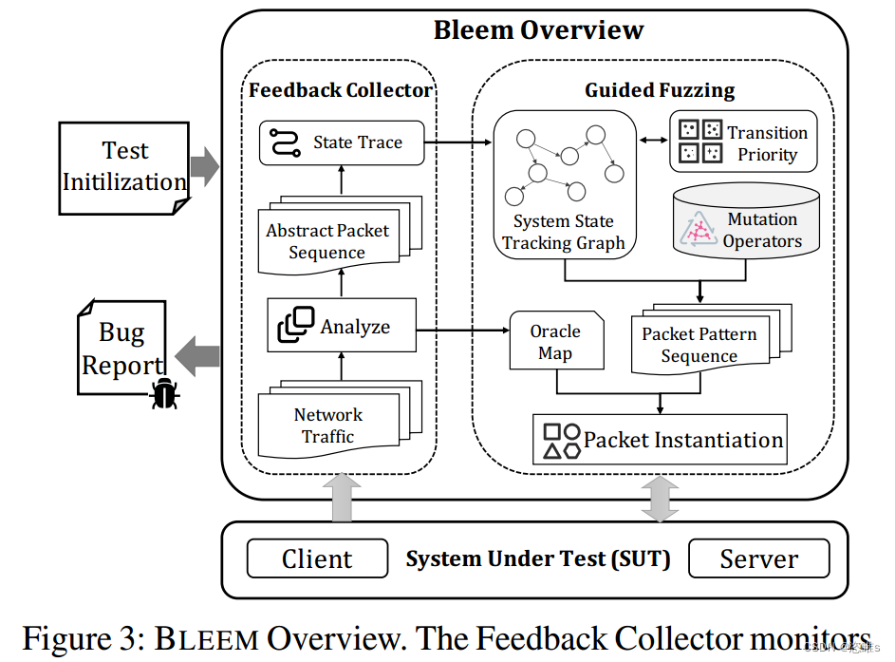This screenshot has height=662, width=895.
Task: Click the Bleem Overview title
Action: [538, 29]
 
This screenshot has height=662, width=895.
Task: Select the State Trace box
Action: [342, 142]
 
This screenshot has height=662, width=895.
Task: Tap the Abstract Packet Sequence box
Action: [327, 241]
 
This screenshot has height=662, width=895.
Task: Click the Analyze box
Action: [342, 326]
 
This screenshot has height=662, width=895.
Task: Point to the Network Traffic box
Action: [327, 425]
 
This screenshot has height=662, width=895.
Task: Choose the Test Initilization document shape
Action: [124, 166]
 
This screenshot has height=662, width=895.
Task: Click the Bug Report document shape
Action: [121, 348]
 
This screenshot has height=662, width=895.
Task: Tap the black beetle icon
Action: [167, 392]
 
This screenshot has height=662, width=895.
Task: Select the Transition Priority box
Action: [743, 142]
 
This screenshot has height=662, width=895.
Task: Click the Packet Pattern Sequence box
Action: [699, 345]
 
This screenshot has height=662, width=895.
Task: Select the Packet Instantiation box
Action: [660, 440]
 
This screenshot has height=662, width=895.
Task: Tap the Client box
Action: [317, 558]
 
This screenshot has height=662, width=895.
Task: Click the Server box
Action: [758, 558]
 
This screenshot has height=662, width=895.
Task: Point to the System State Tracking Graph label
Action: [563, 232]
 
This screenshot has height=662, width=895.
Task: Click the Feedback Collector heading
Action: [340, 90]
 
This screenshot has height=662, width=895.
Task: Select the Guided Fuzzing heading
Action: [660, 90]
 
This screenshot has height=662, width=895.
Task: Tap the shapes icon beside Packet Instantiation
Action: [561, 440]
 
